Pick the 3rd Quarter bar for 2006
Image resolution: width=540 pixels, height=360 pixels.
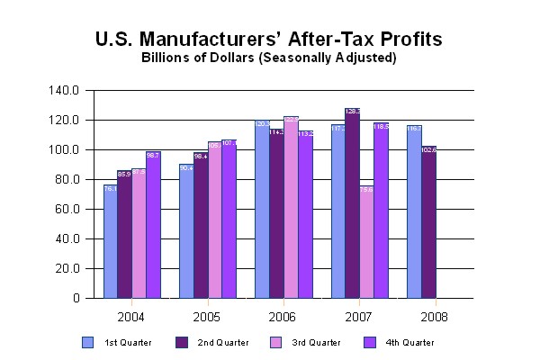click(291, 207)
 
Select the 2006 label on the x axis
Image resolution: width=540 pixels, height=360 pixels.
click(283, 317)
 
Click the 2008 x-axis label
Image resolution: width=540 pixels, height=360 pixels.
click(435, 317)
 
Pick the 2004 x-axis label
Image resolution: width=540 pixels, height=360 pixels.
click(132, 317)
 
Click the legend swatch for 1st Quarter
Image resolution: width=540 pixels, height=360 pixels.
click(87, 342)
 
